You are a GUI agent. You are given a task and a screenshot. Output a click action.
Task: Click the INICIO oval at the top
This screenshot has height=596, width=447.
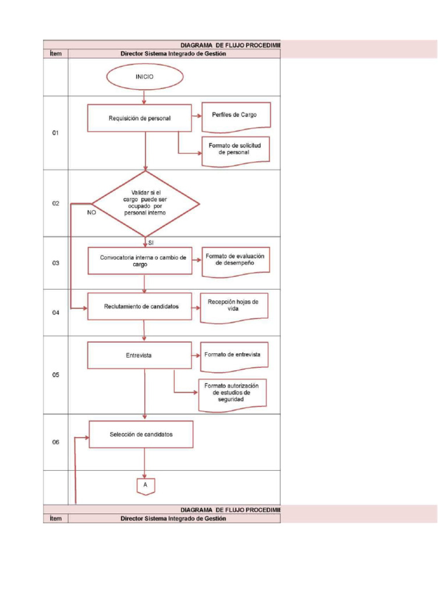point(145,77)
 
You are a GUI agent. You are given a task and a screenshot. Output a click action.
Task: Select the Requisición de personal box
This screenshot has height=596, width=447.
point(140,118)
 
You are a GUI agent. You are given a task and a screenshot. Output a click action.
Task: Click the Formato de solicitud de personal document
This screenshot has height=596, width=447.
point(235,150)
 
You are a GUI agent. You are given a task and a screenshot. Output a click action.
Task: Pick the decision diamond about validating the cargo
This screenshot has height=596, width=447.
point(146,204)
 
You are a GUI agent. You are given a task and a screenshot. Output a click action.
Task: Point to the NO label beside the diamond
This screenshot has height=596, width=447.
point(91,213)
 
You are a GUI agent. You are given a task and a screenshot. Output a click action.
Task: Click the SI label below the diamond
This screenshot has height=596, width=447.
point(151,242)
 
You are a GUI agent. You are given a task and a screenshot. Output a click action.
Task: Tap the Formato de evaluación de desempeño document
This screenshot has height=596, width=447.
point(235,260)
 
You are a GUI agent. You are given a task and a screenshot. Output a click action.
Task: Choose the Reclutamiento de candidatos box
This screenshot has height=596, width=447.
point(140,306)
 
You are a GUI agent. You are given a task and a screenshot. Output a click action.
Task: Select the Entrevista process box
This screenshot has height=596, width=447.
point(139,355)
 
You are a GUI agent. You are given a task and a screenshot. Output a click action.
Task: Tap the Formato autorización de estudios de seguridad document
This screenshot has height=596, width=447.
point(232,393)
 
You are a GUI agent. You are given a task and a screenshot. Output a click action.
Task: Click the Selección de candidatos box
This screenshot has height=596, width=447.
point(141,434)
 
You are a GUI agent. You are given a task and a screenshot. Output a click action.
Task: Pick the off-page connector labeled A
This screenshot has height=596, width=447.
point(145,485)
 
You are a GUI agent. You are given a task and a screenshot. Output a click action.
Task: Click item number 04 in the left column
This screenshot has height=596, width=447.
point(56,313)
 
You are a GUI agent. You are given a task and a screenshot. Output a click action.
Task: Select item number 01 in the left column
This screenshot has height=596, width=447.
point(56,133)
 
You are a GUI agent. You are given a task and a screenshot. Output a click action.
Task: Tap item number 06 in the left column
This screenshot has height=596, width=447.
point(56,442)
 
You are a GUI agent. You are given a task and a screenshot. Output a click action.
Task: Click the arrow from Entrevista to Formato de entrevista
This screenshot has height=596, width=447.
point(195,354)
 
